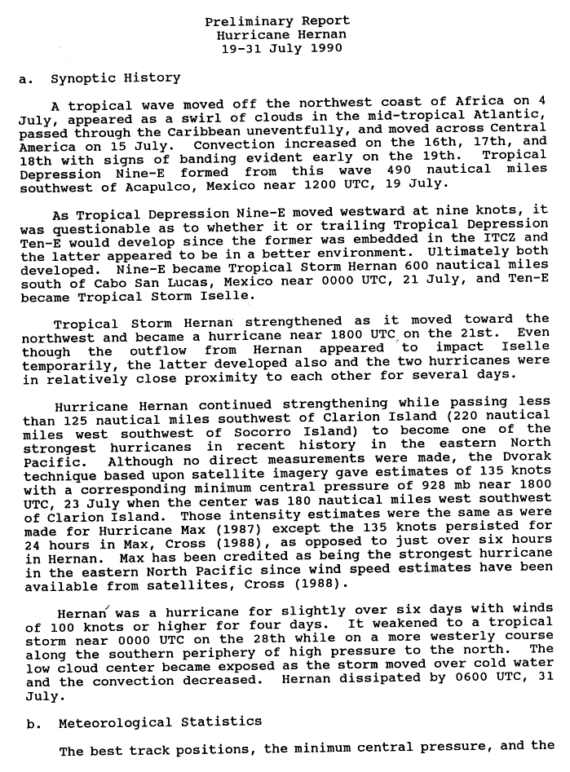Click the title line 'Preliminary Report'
tap(277, 21)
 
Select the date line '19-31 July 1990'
tap(277, 48)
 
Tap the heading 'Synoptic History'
tap(115, 78)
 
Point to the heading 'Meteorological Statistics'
tap(160, 721)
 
